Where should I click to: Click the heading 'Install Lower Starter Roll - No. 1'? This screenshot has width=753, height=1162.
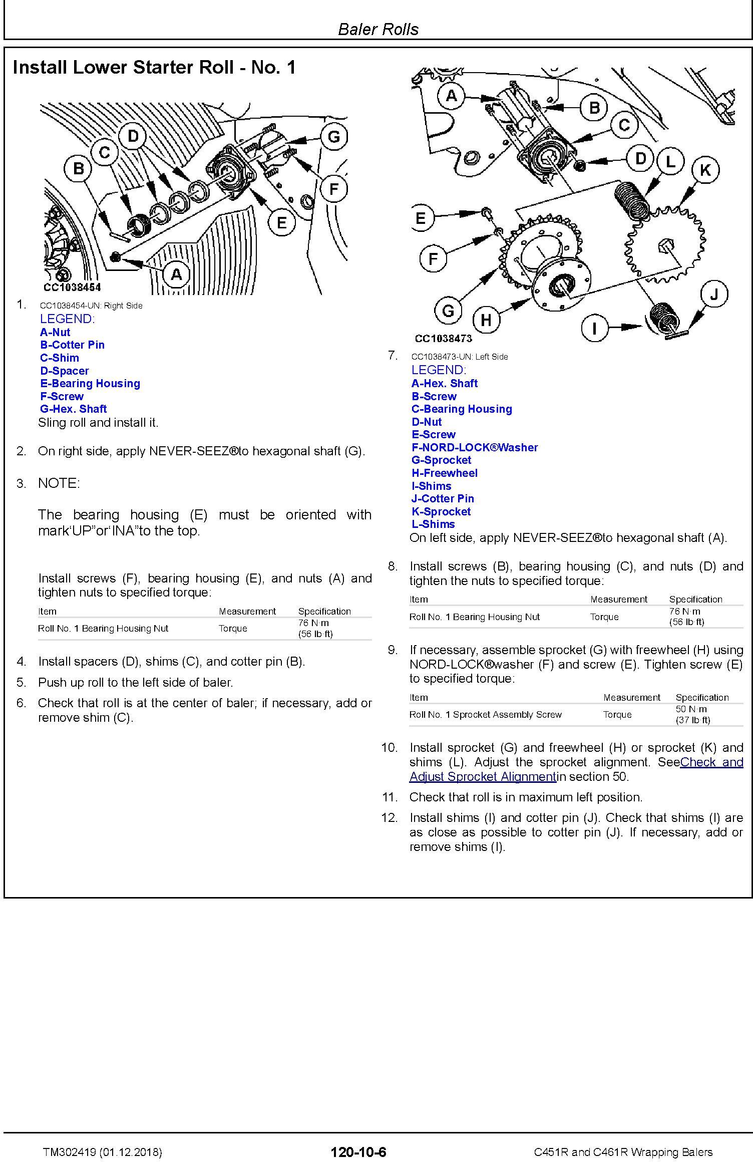154,67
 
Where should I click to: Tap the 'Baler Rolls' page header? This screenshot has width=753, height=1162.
378,29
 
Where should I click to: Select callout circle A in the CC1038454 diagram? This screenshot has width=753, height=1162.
177,274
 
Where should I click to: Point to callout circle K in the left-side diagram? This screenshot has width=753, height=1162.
705,170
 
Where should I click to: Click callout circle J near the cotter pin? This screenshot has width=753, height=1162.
714,294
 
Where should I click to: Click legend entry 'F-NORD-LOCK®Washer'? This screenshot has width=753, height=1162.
474,447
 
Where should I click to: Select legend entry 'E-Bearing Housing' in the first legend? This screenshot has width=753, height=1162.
90,383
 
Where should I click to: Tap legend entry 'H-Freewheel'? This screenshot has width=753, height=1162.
445,473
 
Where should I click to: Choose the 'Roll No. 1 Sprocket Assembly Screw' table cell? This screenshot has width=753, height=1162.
485,714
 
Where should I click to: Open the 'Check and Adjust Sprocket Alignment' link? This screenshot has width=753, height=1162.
576,769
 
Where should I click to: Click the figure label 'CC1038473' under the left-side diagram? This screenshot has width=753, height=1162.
443,339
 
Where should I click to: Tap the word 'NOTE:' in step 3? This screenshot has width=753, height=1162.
59,483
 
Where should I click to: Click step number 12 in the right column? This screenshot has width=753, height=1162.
389,817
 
